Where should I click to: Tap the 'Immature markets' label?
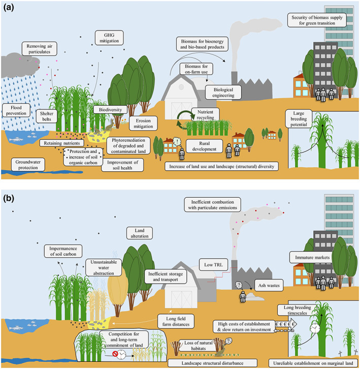(x=310, y=257)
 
